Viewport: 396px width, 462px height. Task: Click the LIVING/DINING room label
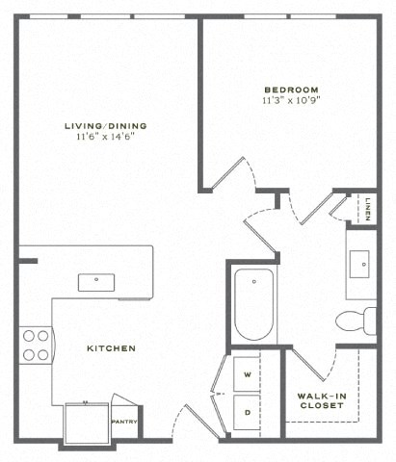[x=106, y=125]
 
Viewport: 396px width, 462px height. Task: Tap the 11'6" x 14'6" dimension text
[x=106, y=138]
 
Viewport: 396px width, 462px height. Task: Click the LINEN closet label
[x=370, y=209]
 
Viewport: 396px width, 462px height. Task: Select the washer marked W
[x=248, y=373]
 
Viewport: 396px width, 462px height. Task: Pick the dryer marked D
[x=248, y=412]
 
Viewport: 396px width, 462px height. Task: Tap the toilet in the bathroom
[x=356, y=320]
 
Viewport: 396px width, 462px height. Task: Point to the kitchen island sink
[x=96, y=282]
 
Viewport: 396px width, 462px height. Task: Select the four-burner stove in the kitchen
[x=36, y=345]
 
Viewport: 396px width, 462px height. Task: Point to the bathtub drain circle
[x=253, y=282]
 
